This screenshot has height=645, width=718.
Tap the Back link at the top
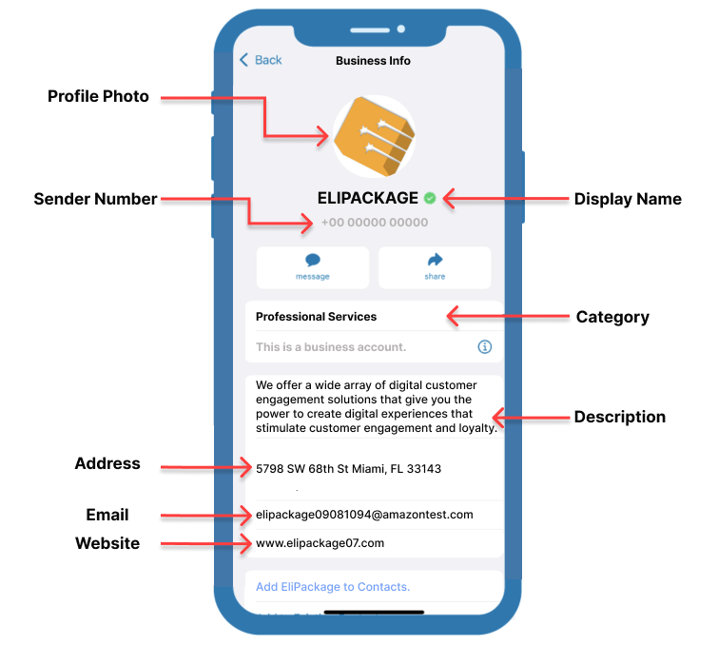click(x=261, y=60)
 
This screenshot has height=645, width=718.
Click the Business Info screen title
click(x=373, y=61)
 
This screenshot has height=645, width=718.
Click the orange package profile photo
click(x=374, y=136)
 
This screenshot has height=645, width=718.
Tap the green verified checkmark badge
click(x=430, y=198)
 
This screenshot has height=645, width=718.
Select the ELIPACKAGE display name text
click(x=367, y=198)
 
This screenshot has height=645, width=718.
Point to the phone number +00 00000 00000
click(x=374, y=223)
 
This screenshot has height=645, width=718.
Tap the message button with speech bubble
click(x=312, y=266)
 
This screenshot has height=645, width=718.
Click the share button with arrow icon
click(x=435, y=266)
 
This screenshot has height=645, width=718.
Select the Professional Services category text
click(x=316, y=317)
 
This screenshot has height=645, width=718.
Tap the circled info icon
click(x=484, y=347)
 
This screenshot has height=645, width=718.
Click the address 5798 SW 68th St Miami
click(x=348, y=469)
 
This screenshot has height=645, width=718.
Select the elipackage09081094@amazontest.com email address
click(x=364, y=515)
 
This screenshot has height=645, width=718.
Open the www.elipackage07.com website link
click(x=320, y=543)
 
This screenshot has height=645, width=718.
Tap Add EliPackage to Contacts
click(x=333, y=587)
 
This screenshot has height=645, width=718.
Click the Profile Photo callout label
click(x=98, y=96)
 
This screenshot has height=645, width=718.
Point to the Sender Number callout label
click(x=95, y=199)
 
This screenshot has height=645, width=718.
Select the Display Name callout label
click(x=628, y=199)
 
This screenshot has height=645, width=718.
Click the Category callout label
click(x=612, y=317)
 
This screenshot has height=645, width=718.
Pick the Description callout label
click(x=619, y=417)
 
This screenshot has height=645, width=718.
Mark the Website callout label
click(x=107, y=543)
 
